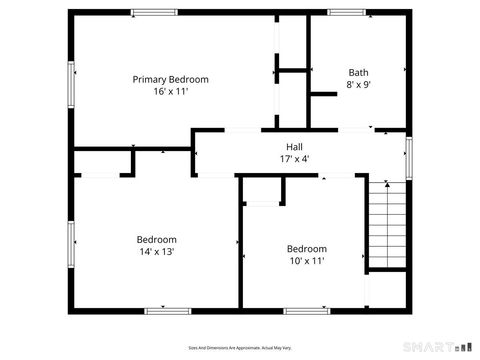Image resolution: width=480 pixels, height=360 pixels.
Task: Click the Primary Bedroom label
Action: click(x=171, y=78)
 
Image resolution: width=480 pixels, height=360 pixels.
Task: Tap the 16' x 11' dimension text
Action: click(x=171, y=91)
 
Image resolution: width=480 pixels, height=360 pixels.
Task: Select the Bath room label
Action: click(x=357, y=72)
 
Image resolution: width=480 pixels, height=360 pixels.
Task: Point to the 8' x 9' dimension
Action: click(x=357, y=85)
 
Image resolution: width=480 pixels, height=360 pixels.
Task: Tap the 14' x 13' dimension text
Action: click(x=157, y=253)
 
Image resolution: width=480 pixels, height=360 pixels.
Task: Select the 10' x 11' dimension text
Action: click(x=306, y=262)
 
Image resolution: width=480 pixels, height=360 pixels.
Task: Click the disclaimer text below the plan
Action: click(x=240, y=347)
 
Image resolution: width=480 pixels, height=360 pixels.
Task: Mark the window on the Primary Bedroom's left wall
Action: click(x=70, y=88)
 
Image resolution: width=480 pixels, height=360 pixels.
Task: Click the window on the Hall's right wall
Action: click(x=408, y=158)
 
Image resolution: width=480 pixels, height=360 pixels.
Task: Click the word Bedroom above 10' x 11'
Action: click(x=306, y=249)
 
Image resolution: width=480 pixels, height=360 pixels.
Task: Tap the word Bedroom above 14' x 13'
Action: click(x=157, y=240)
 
